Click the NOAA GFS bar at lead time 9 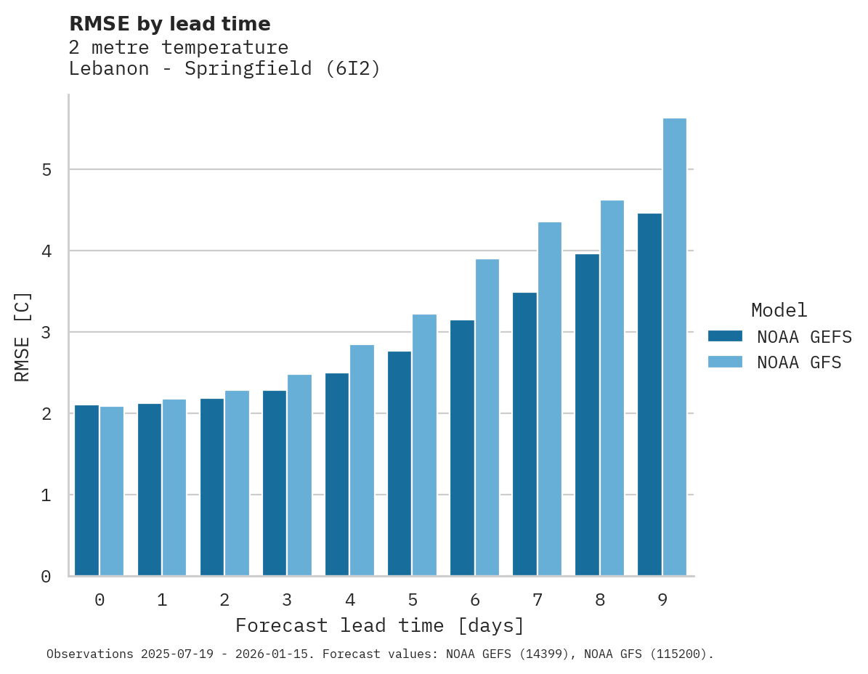(675, 347)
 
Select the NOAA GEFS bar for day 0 (86, 490)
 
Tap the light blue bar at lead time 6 (487, 418)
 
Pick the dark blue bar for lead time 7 (524, 434)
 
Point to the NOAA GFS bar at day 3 (299, 475)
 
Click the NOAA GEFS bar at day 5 (399, 463)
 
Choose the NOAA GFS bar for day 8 (612, 388)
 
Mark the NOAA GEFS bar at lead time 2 (212, 487)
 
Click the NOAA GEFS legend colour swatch (725, 336)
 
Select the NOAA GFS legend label (799, 362)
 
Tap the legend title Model (779, 310)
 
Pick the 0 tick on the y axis (46, 577)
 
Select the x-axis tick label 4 (350, 600)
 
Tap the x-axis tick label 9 (662, 600)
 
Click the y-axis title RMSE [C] (23, 336)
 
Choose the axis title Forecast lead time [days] (379, 625)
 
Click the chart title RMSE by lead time (169, 24)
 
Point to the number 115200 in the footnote (678, 654)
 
